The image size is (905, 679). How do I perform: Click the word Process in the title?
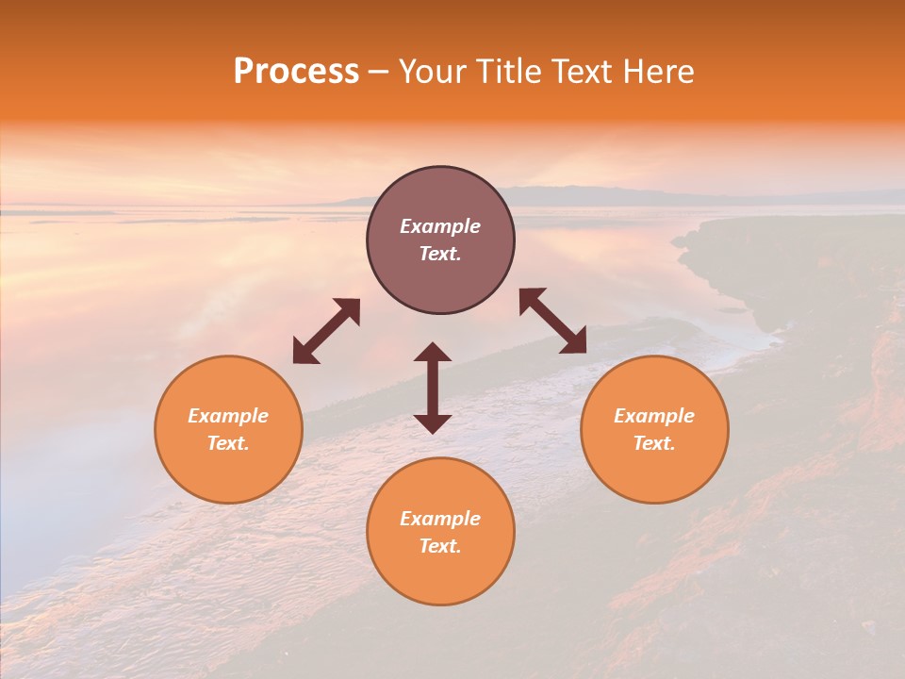pos(296,72)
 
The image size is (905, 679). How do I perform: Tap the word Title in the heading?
pos(508,72)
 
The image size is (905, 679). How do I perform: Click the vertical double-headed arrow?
pos(433,388)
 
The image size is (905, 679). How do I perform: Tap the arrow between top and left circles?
pos(326,331)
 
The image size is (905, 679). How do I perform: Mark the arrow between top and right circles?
pos(552,321)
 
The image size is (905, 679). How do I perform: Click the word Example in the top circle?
pos(440,226)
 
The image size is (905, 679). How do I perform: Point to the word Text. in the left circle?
pos(228,443)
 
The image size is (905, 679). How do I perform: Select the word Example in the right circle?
pos(654,416)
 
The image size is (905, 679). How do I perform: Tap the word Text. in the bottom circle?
pos(440,546)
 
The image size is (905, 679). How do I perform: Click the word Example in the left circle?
pos(228,416)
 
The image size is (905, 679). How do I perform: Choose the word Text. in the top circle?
pos(440,254)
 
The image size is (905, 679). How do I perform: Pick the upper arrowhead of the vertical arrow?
pos(433,354)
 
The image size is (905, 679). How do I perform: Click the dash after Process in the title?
pos(378,72)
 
